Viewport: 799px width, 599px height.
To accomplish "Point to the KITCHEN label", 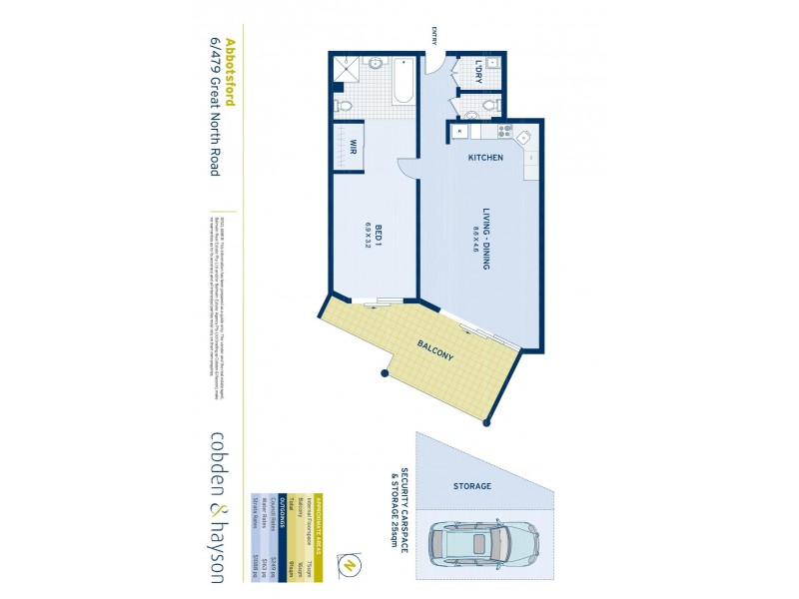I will [485, 159].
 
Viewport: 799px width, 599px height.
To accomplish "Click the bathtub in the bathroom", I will [401, 82].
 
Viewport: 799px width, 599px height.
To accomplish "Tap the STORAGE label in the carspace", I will [472, 486].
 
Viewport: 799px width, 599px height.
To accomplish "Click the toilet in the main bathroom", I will [342, 104].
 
